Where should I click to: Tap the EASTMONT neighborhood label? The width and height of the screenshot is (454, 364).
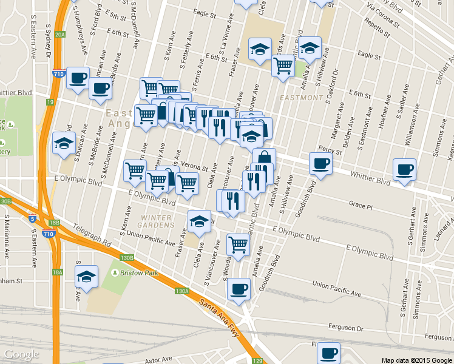point(302,98)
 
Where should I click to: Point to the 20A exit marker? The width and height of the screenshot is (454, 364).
point(59,35)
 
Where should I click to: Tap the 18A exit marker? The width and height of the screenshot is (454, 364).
point(57,272)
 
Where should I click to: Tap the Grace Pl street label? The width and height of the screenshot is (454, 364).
point(360,206)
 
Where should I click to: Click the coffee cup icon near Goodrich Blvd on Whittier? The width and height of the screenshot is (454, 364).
point(320,163)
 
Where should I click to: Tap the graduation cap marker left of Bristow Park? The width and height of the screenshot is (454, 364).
point(87,276)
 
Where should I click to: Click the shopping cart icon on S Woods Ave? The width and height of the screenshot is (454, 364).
point(238,244)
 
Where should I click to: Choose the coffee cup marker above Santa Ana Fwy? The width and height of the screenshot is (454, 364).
point(239,288)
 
